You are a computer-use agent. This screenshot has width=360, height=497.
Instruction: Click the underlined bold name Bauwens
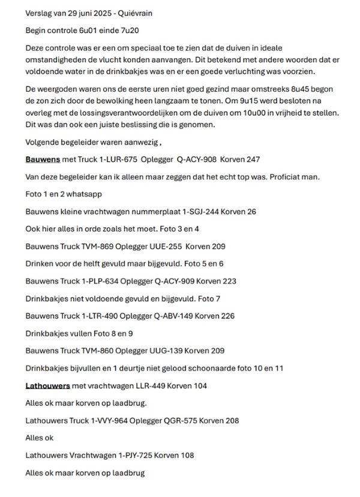pos(42,160)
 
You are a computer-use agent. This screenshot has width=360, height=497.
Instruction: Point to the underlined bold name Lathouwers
pos(47,385)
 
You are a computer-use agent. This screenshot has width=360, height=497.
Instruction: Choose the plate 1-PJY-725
pos(131,456)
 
